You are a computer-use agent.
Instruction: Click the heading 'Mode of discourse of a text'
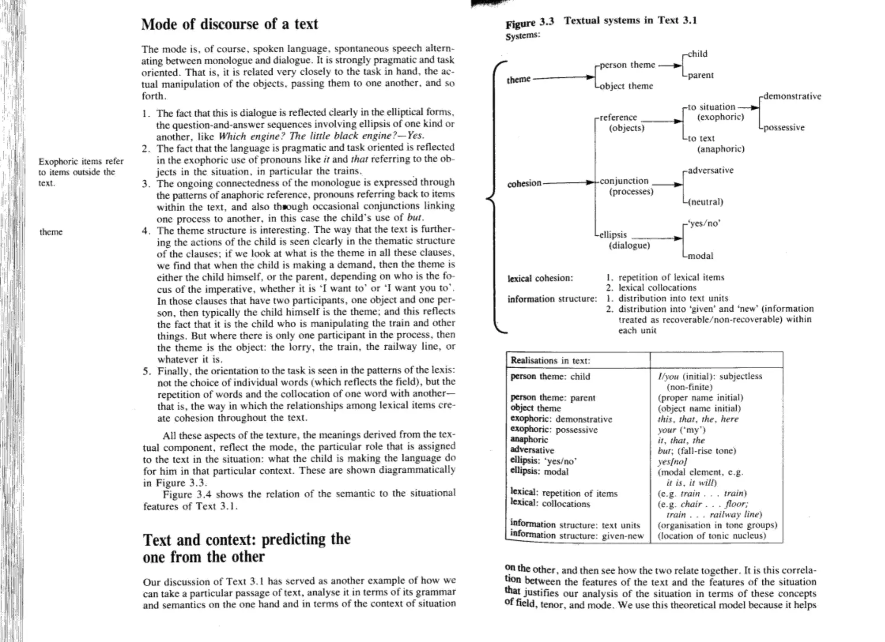pos(229,24)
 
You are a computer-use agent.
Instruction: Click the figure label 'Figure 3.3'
pos(529,23)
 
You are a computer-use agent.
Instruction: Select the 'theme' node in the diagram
pos(518,79)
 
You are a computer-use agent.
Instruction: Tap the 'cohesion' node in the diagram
pos(524,183)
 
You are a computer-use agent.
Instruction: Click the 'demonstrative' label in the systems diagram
pos(792,96)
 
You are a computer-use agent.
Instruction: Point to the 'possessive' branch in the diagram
pos(783,128)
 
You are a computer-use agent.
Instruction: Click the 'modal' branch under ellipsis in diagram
pos(700,256)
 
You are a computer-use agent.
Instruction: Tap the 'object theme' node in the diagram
pos(626,86)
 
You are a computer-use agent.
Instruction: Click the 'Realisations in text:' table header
pos(550,361)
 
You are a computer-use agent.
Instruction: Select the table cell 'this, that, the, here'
pos(698,419)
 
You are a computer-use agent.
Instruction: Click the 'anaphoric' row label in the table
pos(529,440)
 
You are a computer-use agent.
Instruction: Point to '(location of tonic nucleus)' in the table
pos(712,536)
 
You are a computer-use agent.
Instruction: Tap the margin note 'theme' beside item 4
pos(51,232)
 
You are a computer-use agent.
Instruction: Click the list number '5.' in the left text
pos(147,371)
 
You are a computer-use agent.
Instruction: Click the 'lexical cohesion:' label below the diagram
pos(540,278)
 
